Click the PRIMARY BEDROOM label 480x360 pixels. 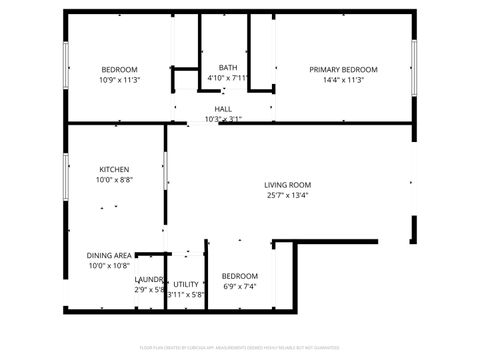pyautogui.click(x=343, y=69)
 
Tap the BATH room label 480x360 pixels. pyautogui.click(x=228, y=67)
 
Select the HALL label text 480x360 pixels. pyautogui.click(x=223, y=109)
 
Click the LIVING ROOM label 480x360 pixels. pyautogui.click(x=288, y=185)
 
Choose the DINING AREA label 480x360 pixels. pyautogui.click(x=109, y=255)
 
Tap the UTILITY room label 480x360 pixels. pyautogui.click(x=185, y=284)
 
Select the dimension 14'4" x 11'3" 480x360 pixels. pyautogui.click(x=343, y=80)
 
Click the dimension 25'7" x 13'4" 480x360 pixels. pyautogui.click(x=288, y=196)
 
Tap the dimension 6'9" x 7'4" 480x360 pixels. pyautogui.click(x=240, y=287)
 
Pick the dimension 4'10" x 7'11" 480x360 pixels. pyautogui.click(x=228, y=78)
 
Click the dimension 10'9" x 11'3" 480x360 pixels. pyautogui.click(x=119, y=80)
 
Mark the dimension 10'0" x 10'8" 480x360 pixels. pyautogui.click(x=109, y=266)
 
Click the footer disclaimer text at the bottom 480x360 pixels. pyautogui.click(x=240, y=347)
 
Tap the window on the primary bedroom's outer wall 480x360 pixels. pyautogui.click(x=412, y=68)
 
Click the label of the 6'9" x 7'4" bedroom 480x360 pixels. pyautogui.click(x=240, y=276)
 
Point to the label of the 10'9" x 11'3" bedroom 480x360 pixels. pyautogui.click(x=119, y=69)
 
